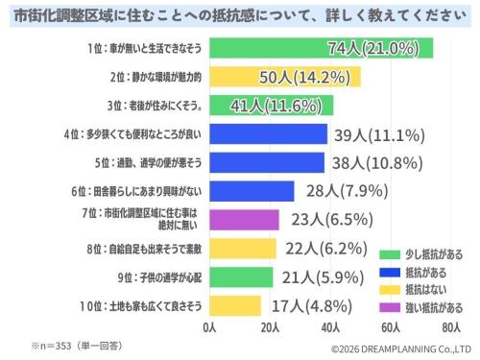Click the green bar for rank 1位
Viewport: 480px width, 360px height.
tap(322, 48)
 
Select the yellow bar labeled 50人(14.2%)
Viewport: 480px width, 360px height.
tap(285, 77)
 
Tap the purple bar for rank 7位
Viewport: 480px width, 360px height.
tap(244, 220)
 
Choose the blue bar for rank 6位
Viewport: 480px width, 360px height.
tap(252, 191)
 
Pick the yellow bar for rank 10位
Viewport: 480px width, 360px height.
tap(235, 306)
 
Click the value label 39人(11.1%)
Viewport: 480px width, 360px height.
tap(379, 135)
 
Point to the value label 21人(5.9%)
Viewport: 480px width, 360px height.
tap(323, 277)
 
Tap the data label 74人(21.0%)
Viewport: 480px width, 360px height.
tap(373, 48)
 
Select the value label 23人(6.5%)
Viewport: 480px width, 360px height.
tap(332, 220)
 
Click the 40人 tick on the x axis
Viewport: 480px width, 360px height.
tap(330, 327)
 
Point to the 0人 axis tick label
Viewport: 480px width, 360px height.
tap(209, 327)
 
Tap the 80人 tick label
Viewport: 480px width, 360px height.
tap(451, 327)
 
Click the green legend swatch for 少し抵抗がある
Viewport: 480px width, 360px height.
tap(390, 254)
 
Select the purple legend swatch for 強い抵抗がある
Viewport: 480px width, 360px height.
tap(390, 307)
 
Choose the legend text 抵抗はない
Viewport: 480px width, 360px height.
tap(426, 290)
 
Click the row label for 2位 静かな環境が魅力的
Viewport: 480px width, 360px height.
tap(156, 77)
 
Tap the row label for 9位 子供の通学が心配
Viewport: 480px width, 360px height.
tap(159, 277)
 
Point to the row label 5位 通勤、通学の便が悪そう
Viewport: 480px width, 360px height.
tap(148, 163)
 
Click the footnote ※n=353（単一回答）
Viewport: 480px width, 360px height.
tap(77, 346)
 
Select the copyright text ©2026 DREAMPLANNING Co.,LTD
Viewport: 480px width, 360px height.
tap(401, 349)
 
